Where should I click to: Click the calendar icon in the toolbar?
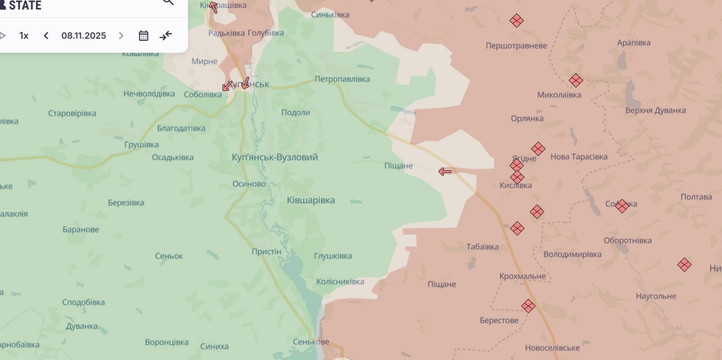pyautogui.click(x=143, y=36)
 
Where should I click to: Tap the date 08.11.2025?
pyautogui.click(x=84, y=36)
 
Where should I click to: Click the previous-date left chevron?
pyautogui.click(x=46, y=36)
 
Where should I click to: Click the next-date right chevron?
pyautogui.click(x=121, y=36)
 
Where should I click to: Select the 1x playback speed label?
pyautogui.click(x=24, y=36)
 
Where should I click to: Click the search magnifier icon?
pyautogui.click(x=168, y=2)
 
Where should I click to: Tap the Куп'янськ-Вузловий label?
pyautogui.click(x=274, y=157)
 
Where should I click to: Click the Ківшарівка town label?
pyautogui.click(x=311, y=200)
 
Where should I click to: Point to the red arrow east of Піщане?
pyautogui.click(x=445, y=172)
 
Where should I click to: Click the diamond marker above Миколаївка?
pyautogui.click(x=576, y=81)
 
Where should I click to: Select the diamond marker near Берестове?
pyautogui.click(x=528, y=306)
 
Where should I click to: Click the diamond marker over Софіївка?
pyautogui.click(x=622, y=206)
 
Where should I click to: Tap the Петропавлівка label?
pyautogui.click(x=342, y=79)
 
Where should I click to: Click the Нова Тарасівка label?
pyautogui.click(x=579, y=157)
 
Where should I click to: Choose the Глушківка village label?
pyautogui.click(x=333, y=256)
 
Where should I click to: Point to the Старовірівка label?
pyautogui.click(x=72, y=113)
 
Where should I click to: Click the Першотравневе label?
pyautogui.click(x=516, y=46)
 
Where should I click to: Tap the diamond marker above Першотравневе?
pyautogui.click(x=516, y=20)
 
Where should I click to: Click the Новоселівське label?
pyautogui.click(x=552, y=348)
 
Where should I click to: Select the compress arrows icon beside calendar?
pyautogui.click(x=166, y=36)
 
